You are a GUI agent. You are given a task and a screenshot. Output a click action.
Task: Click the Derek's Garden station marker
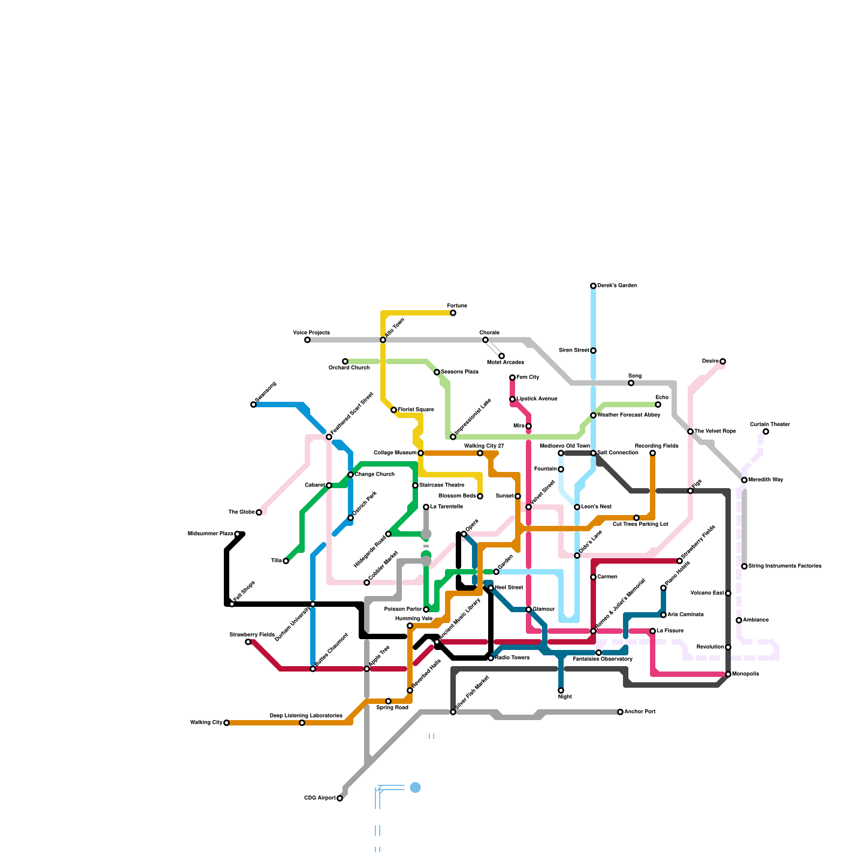(x=593, y=286)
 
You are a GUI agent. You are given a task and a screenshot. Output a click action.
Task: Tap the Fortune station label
(x=457, y=306)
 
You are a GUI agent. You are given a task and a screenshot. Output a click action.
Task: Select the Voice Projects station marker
(x=307, y=340)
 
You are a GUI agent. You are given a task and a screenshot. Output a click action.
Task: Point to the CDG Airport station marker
(x=340, y=798)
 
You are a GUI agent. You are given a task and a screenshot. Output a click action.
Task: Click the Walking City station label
(x=206, y=723)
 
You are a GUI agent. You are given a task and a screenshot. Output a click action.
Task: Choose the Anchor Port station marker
(x=620, y=712)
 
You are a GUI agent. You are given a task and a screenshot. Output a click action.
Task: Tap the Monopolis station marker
(x=728, y=674)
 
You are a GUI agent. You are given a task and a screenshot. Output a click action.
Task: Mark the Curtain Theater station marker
(x=766, y=432)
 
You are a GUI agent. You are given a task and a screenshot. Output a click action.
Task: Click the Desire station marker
(x=723, y=361)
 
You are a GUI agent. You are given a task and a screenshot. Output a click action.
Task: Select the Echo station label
(x=662, y=398)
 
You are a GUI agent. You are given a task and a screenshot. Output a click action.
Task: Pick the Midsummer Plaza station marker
(x=237, y=534)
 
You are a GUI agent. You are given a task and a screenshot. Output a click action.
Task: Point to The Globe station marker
(x=259, y=512)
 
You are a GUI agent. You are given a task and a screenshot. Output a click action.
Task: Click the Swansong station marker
(x=254, y=405)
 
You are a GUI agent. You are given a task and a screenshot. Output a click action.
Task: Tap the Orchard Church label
(x=349, y=368)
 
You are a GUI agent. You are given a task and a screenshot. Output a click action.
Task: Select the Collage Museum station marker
(x=421, y=453)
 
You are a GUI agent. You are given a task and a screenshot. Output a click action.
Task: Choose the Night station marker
(x=561, y=690)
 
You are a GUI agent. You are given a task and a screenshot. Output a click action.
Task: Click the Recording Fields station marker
(x=653, y=453)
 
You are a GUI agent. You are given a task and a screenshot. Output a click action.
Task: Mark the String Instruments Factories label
(x=785, y=566)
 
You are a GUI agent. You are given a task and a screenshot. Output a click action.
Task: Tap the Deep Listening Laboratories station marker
(x=302, y=723)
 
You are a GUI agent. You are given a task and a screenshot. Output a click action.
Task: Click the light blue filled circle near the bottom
(x=415, y=787)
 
